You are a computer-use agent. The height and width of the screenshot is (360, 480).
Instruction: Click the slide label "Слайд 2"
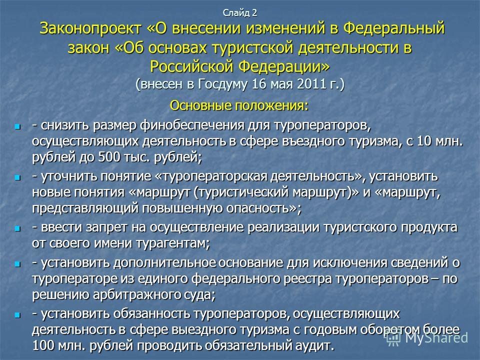pyautogui.click(x=239, y=13)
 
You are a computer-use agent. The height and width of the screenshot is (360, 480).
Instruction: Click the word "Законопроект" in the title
pyautogui.click(x=90, y=28)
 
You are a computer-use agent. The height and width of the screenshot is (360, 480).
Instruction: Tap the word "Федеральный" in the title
pyautogui.click(x=394, y=28)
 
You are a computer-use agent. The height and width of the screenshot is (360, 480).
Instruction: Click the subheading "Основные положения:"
pyautogui.click(x=239, y=105)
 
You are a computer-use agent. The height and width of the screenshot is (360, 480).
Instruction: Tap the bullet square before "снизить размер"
pyautogui.click(x=17, y=126)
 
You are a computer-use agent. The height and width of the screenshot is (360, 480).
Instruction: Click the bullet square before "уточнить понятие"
pyautogui.click(x=17, y=177)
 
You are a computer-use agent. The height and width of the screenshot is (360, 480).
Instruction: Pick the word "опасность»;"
pyautogui.click(x=264, y=208)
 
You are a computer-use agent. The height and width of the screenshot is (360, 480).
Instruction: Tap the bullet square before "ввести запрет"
pyautogui.click(x=17, y=228)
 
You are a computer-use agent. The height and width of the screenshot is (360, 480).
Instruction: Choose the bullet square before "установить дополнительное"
pyautogui.click(x=17, y=264)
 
